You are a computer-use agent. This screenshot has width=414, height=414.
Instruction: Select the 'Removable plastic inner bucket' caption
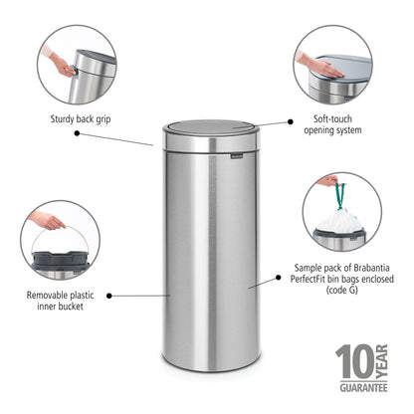tap(60, 302)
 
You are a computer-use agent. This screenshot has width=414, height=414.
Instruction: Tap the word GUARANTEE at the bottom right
tap(361, 385)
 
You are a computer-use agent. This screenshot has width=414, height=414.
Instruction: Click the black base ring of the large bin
tap(210, 366)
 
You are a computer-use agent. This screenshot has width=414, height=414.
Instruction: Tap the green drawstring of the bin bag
tap(338, 195)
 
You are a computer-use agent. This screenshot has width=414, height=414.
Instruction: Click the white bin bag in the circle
tap(341, 220)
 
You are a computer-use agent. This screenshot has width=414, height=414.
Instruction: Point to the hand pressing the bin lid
tap(314, 63)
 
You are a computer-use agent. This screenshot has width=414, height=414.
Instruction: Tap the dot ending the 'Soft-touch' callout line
tap(292, 121)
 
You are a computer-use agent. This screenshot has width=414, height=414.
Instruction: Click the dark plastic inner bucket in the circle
tap(60, 262)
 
